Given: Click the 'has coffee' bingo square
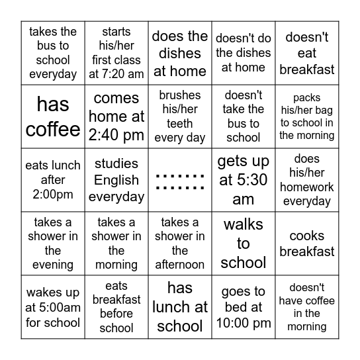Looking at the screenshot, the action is [x=53, y=116].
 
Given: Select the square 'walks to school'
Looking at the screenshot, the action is [x=244, y=244].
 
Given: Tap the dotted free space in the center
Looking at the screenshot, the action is [x=180, y=181].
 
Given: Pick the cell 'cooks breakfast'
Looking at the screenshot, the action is [x=307, y=244].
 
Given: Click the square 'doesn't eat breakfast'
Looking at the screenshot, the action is [x=307, y=53].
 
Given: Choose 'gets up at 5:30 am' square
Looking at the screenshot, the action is [x=244, y=180].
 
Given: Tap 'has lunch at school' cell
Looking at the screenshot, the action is [x=180, y=307].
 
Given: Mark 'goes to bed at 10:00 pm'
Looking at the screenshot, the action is [x=244, y=307].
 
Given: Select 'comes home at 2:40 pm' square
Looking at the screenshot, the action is [x=116, y=116].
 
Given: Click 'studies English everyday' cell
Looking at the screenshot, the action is [x=116, y=180].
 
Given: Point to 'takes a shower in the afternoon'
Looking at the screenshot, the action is [x=180, y=244].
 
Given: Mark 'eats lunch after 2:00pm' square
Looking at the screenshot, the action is [x=53, y=180].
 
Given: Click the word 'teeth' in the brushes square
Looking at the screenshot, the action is [x=180, y=124].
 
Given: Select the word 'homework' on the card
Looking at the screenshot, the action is [x=307, y=187].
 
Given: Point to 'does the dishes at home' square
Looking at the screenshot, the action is [x=180, y=53].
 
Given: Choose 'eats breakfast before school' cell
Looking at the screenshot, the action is [x=116, y=307].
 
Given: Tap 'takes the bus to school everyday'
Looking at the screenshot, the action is [x=53, y=53].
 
